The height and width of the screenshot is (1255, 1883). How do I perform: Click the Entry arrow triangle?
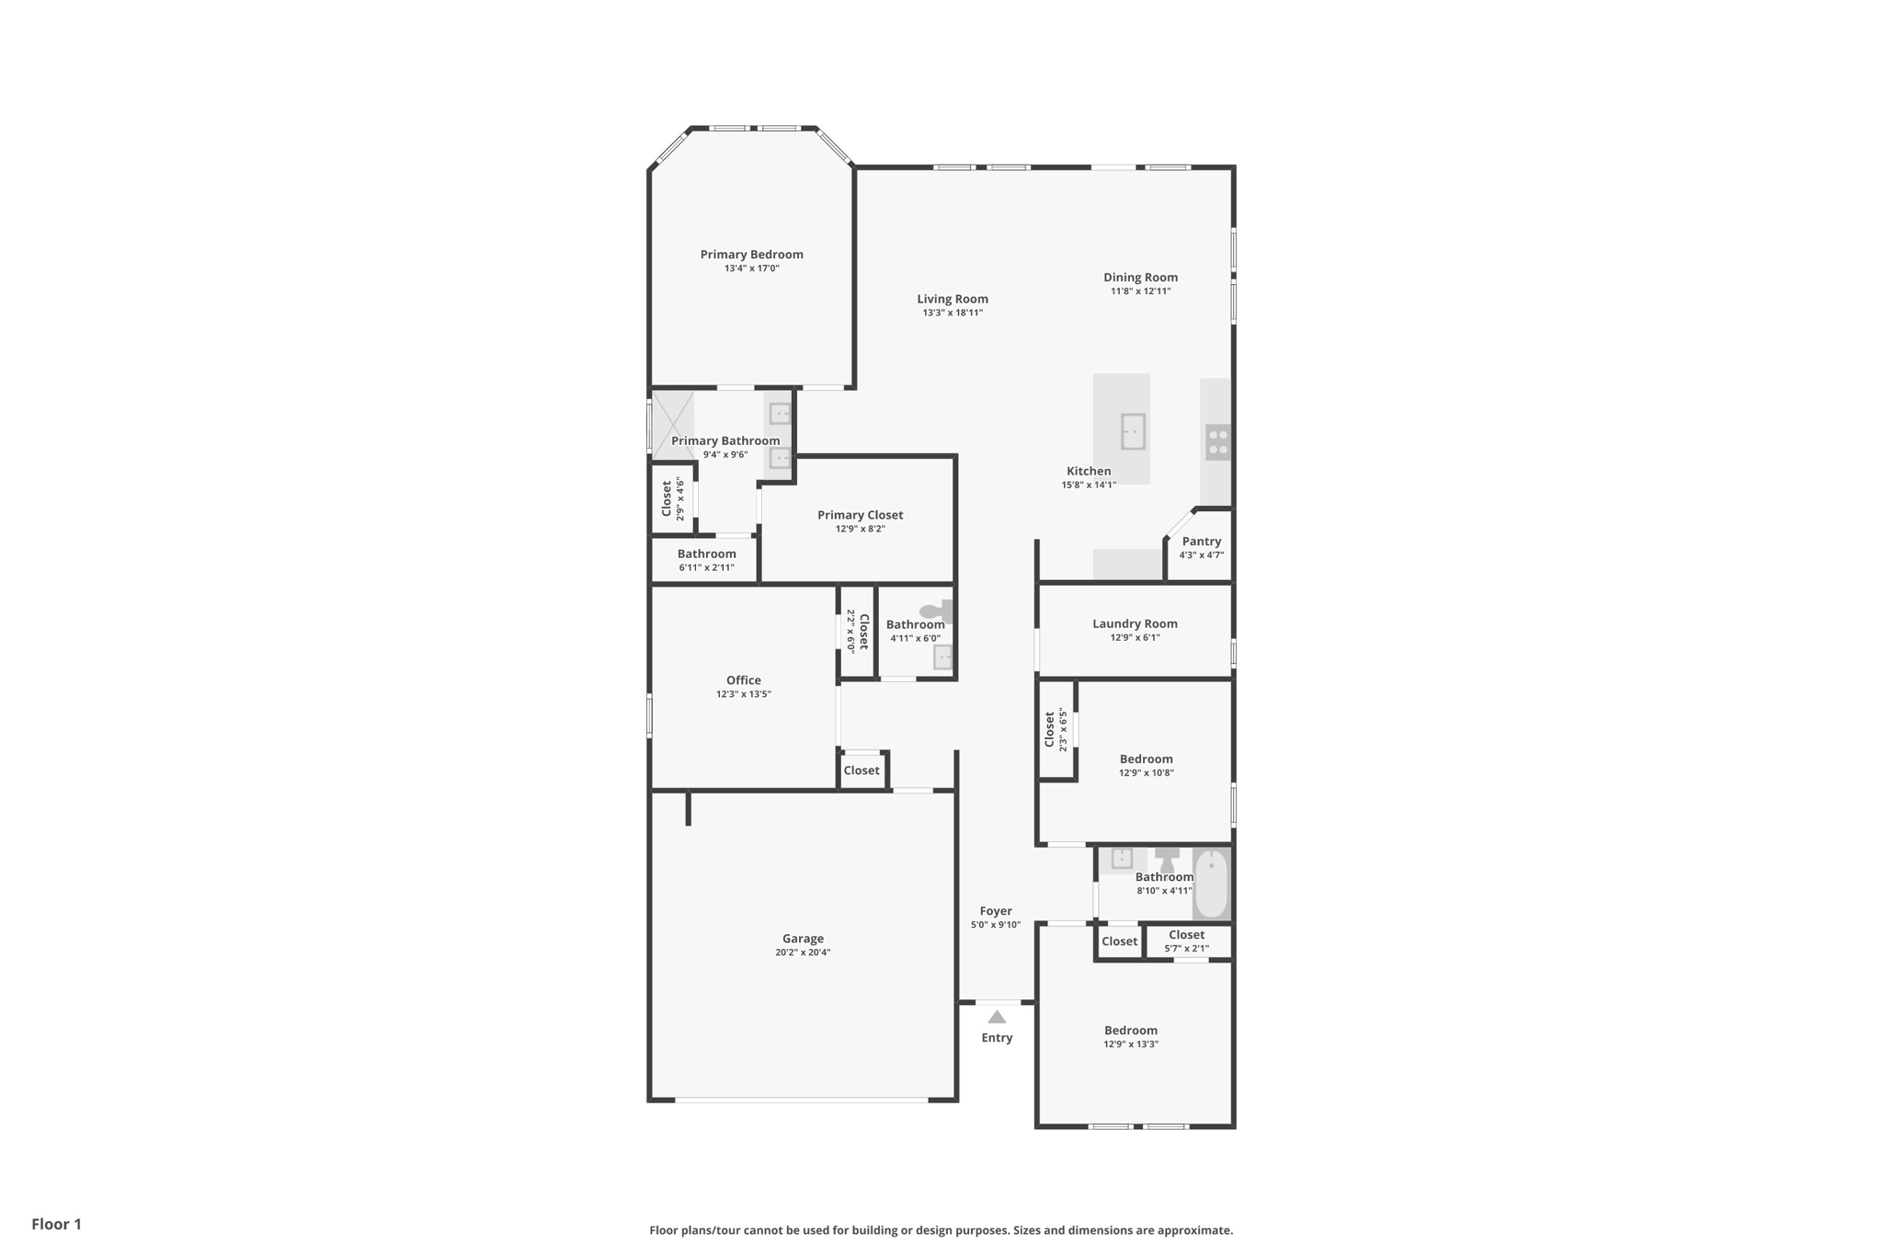click(x=997, y=1017)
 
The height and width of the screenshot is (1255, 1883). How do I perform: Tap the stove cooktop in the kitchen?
click(x=1217, y=442)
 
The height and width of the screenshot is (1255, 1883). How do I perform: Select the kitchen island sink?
click(x=1133, y=431)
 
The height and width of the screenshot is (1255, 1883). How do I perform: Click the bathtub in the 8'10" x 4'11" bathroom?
click(x=1211, y=884)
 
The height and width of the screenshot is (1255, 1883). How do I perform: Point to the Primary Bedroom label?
click(x=751, y=255)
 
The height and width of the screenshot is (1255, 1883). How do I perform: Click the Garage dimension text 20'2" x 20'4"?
click(x=803, y=953)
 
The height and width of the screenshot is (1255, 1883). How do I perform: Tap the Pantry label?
click(x=1201, y=542)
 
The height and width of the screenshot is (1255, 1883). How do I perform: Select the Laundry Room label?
click(x=1135, y=623)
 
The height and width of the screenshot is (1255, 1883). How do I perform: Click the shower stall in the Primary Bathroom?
click(x=672, y=424)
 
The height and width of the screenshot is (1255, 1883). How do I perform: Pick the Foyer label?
click(x=996, y=911)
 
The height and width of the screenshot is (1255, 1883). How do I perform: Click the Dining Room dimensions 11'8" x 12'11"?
click(x=1140, y=291)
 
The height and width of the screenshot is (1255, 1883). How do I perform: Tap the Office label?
click(x=743, y=680)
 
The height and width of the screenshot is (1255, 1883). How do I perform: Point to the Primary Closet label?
click(x=860, y=515)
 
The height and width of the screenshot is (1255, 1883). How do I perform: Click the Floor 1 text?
click(x=57, y=1224)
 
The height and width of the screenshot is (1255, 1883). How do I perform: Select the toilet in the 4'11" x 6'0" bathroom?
click(x=936, y=610)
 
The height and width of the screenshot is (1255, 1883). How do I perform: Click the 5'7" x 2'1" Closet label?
click(x=1186, y=935)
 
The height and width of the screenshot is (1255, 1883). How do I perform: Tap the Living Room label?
click(x=953, y=299)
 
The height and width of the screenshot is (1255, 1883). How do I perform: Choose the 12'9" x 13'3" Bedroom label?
click(x=1131, y=1031)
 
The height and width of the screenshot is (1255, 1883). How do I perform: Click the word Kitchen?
click(x=1089, y=471)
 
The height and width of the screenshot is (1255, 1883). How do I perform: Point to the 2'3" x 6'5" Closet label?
click(x=1049, y=729)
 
